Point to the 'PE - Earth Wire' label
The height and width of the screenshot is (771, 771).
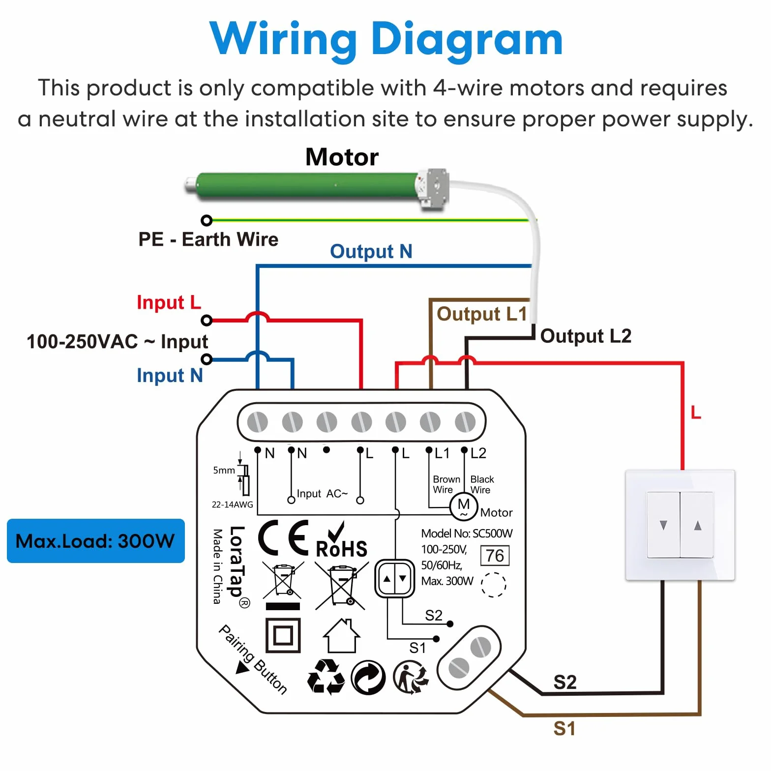(x=208, y=239)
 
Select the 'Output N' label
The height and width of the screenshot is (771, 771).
(x=371, y=251)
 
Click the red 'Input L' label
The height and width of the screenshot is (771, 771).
(x=169, y=302)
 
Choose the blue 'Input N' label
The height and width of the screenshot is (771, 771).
(x=170, y=375)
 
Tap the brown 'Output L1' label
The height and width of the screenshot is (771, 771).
(x=481, y=314)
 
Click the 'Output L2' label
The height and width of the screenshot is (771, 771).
(x=586, y=336)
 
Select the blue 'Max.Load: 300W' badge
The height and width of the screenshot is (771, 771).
(x=96, y=541)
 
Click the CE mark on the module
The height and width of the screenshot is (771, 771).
(x=284, y=537)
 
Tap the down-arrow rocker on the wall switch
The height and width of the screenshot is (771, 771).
(x=663, y=525)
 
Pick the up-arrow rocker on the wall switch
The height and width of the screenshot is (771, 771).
(x=697, y=525)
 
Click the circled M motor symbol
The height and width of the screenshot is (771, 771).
(x=464, y=506)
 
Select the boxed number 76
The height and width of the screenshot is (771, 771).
(x=495, y=556)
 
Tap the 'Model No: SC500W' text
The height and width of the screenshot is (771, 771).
(x=467, y=534)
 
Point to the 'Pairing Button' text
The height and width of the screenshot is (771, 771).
(x=253, y=659)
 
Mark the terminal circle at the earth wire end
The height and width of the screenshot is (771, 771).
(x=207, y=220)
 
